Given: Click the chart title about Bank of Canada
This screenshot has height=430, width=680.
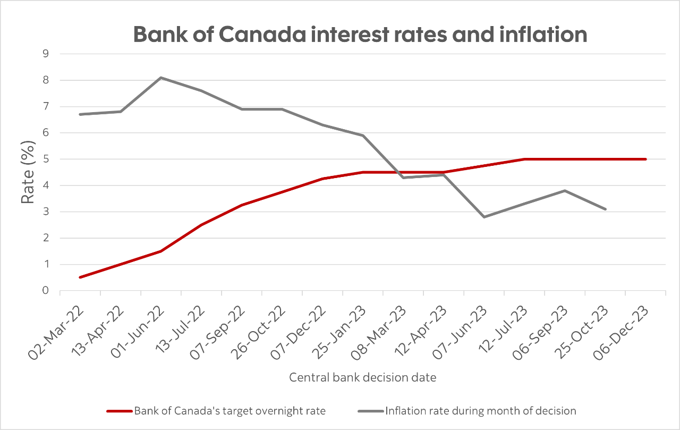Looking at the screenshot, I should click(360, 34).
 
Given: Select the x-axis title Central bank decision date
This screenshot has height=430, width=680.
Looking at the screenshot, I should click(363, 377).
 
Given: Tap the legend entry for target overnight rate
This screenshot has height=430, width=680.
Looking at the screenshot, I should click(229, 411).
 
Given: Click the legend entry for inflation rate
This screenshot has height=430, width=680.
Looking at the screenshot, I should click(480, 411).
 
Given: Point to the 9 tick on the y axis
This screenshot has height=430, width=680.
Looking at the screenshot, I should click(45, 54).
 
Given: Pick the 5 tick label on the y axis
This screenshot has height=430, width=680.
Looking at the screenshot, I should click(45, 159).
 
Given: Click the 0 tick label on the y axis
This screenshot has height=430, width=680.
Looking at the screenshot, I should click(45, 291).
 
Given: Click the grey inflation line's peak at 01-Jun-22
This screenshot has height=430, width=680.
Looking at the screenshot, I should click(161, 78).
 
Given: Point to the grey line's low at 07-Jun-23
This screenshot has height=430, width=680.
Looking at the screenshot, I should click(484, 217).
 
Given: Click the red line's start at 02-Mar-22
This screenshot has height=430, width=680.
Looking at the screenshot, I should click(80, 277).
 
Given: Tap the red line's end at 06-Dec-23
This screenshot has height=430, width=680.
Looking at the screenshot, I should click(645, 159).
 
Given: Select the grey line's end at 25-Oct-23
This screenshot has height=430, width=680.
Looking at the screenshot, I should click(605, 209).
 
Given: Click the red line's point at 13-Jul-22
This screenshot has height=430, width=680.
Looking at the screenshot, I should click(201, 225).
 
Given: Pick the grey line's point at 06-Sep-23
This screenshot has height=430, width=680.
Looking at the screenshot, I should click(565, 190).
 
